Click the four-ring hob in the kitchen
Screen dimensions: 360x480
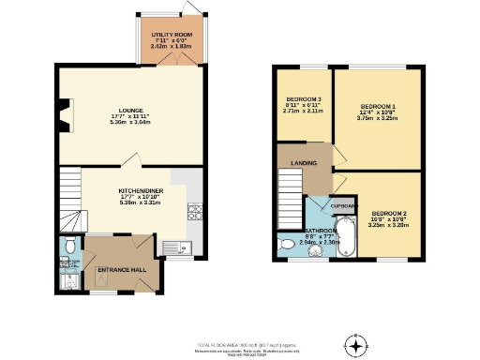(195, 212)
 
